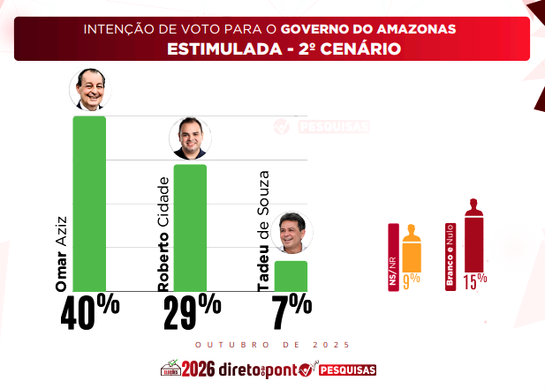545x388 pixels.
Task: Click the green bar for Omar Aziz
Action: click(x=89, y=204)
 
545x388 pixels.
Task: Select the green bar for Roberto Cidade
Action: click(x=190, y=228)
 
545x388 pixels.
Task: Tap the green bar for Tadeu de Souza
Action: click(x=291, y=276)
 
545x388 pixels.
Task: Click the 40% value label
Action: click(x=90, y=311)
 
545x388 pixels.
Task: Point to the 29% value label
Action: click(x=193, y=311)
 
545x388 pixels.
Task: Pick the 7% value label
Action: click(x=291, y=311)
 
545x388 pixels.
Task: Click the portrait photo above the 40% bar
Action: click(x=90, y=90)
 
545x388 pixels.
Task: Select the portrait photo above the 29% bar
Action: click(x=190, y=138)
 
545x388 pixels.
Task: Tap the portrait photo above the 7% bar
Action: click(x=291, y=233)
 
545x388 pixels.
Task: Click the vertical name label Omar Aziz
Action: click(x=61, y=254)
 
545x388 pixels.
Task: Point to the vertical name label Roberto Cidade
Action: click(x=163, y=235)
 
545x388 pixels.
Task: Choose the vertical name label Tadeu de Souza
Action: click(x=263, y=231)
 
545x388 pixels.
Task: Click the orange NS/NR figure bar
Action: click(x=412, y=249)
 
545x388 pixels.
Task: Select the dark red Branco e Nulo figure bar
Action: click(x=473, y=235)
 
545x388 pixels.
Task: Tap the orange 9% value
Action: click(x=412, y=281)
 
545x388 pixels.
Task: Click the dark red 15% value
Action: click(x=475, y=281)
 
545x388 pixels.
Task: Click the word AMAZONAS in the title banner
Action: click(x=416, y=29)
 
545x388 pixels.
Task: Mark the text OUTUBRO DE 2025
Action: click(x=272, y=345)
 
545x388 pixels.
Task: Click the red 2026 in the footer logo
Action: click(x=198, y=369)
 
